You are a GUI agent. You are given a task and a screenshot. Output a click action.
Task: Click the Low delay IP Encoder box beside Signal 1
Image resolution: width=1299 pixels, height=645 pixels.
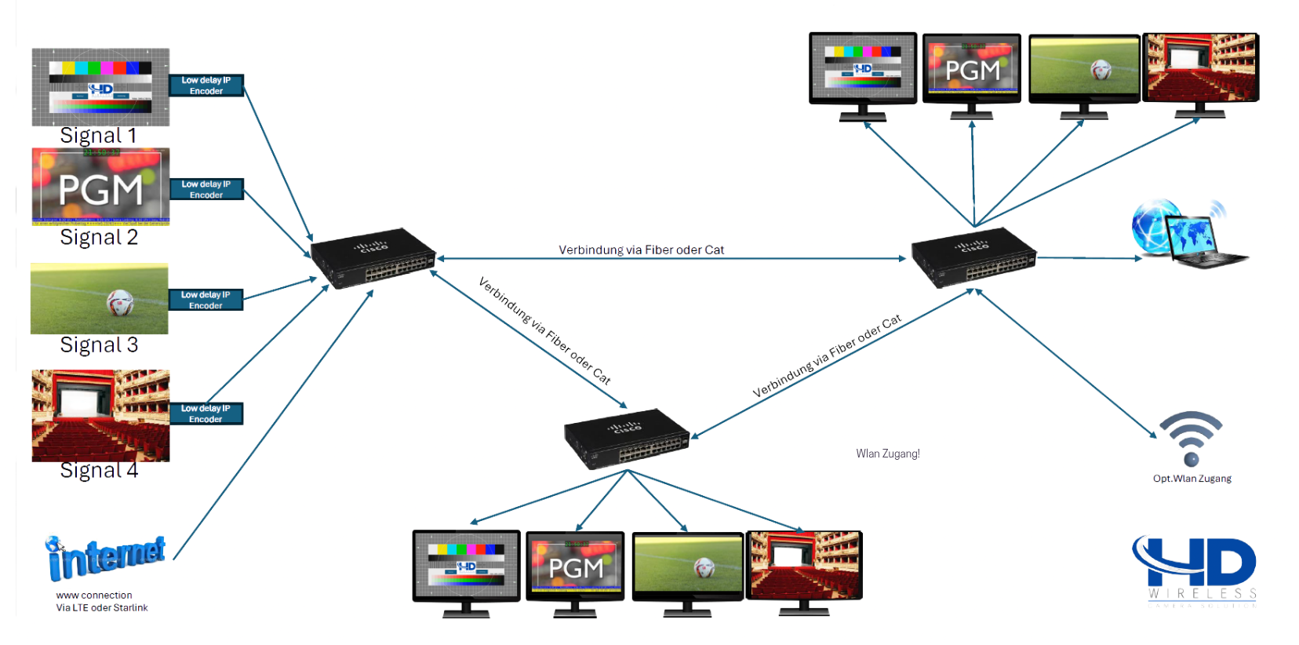206,86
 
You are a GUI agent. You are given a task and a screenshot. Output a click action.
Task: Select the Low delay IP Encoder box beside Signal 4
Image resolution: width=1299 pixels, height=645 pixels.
206,414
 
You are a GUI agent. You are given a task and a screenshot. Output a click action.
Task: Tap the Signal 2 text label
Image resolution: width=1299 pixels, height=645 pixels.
99,238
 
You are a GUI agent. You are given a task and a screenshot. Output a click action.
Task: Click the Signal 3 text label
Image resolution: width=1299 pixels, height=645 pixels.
99,345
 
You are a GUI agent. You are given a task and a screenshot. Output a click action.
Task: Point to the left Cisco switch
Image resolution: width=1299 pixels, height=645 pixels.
373,258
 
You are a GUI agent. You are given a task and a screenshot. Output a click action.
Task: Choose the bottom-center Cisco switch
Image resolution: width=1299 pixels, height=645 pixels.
626,438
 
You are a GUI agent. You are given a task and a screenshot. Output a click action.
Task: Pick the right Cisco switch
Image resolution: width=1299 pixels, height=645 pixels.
973,257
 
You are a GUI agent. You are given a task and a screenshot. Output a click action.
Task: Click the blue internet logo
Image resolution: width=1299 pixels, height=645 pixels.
106,558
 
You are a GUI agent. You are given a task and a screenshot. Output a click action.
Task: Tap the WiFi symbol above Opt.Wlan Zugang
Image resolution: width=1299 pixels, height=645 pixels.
1191,438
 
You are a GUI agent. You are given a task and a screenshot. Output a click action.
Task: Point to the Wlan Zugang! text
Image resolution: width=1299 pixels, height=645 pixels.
888,454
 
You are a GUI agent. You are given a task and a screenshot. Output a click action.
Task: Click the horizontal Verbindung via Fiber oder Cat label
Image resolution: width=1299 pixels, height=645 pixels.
641,250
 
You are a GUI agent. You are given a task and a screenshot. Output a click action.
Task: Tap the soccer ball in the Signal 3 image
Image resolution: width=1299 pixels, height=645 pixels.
120,302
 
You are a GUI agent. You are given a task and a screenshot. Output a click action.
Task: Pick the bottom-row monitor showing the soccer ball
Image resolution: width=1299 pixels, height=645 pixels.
688,568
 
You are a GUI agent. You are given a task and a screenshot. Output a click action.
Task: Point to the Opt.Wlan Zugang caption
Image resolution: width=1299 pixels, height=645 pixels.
1192,479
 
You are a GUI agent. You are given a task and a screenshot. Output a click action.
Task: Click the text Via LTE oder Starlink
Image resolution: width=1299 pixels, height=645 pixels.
102,607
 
